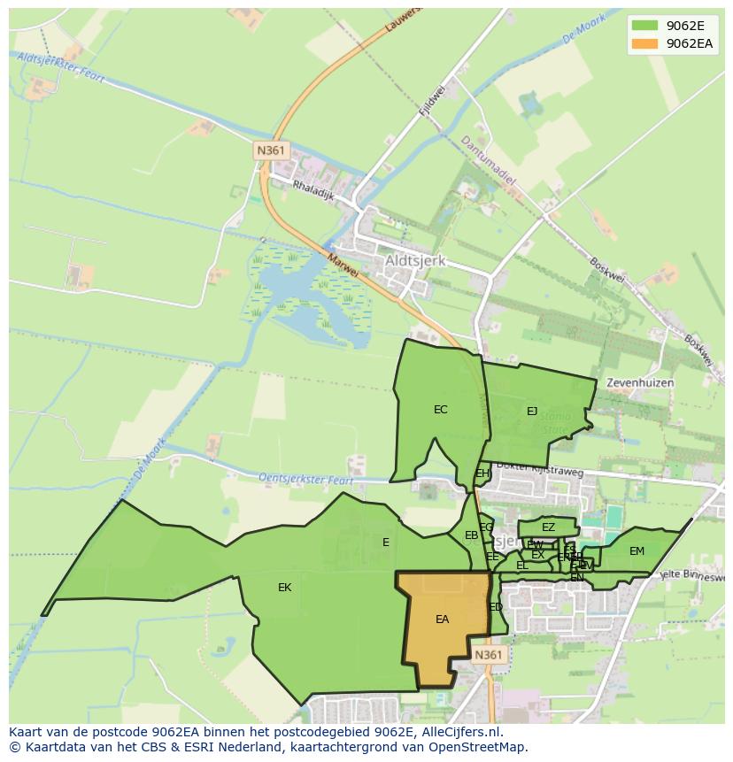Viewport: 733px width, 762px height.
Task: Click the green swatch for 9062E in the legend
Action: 644,25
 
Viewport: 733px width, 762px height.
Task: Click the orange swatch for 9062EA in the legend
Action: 644,43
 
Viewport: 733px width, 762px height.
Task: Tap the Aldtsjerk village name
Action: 415,262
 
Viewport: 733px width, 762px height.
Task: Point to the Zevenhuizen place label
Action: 640,383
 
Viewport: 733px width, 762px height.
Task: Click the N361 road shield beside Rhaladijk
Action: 271,150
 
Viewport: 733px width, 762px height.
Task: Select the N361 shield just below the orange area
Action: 488,655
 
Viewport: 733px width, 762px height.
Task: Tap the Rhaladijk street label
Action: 313,191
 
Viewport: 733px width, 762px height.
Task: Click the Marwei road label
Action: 343,266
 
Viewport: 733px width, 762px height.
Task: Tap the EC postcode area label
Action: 440,410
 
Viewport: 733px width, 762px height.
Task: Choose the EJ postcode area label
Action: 532,412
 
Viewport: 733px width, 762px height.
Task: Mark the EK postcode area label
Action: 284,588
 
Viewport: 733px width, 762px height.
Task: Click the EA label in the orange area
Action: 442,620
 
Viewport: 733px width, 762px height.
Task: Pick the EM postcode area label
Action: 637,551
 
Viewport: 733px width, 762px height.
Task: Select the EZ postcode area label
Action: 548,527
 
